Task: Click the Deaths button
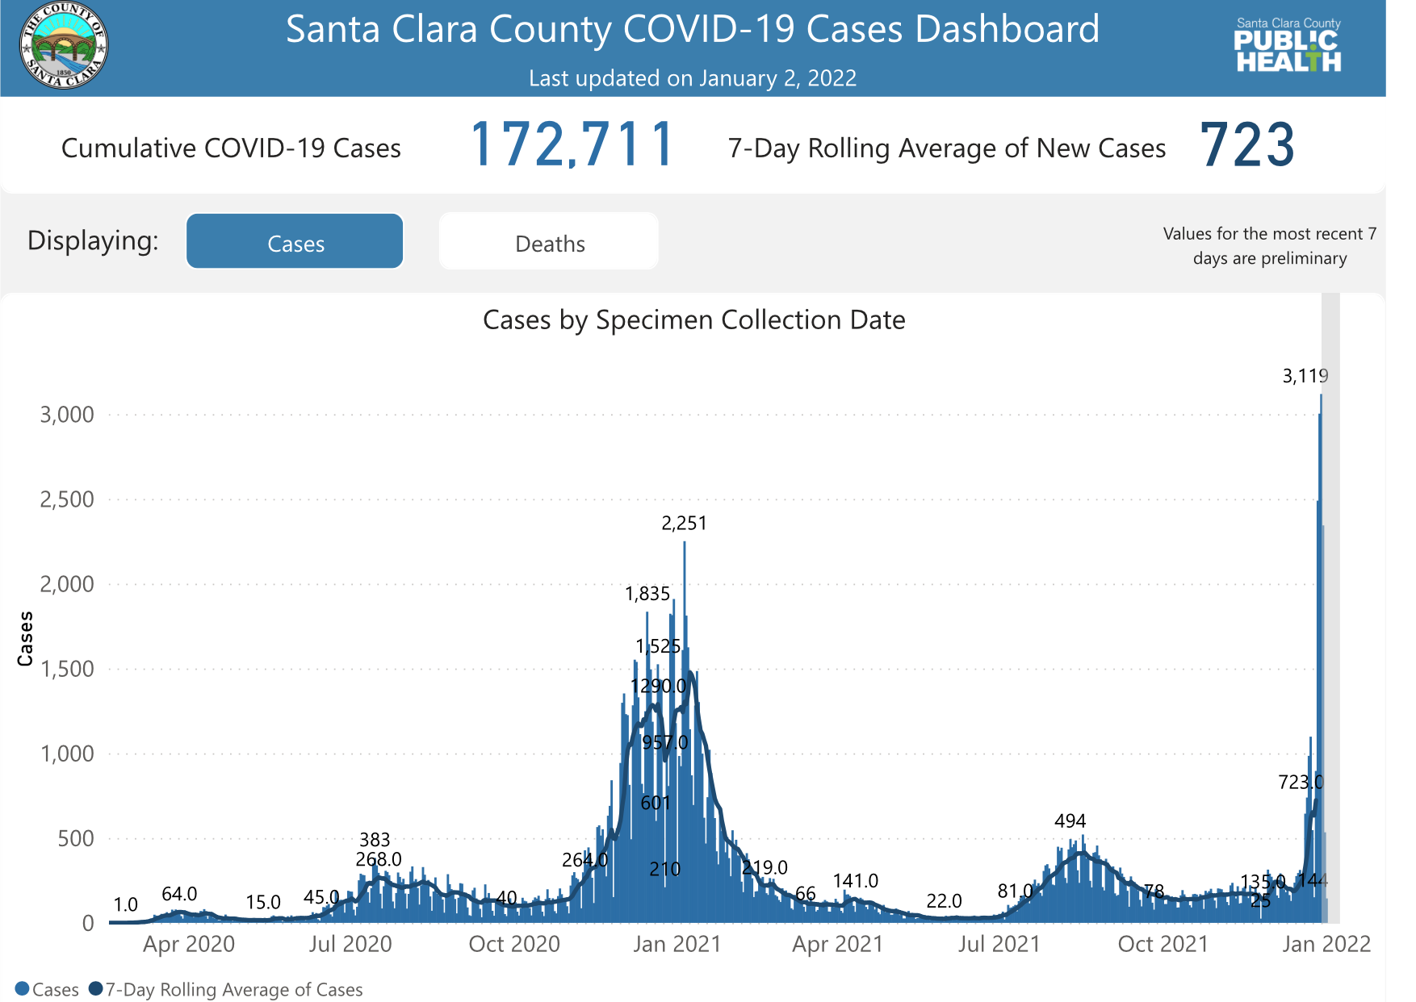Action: click(549, 243)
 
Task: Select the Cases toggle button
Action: click(295, 243)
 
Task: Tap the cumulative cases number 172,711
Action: click(572, 146)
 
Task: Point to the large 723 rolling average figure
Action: click(1247, 146)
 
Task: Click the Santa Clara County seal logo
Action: click(64, 45)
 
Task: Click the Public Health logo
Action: click(1288, 47)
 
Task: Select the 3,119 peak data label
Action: click(1305, 376)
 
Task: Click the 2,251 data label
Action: click(684, 524)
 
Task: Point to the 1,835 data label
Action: click(647, 595)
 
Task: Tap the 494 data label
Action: click(1070, 821)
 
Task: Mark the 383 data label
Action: click(375, 840)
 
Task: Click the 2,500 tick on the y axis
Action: click(67, 499)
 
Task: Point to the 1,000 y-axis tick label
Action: click(67, 754)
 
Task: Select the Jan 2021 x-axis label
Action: click(677, 944)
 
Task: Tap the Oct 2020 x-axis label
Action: click(514, 944)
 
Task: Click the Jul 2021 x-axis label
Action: click(999, 944)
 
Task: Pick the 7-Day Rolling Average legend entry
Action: click(233, 990)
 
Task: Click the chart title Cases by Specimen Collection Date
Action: click(693, 320)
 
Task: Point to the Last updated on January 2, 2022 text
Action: click(693, 78)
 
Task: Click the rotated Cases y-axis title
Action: click(26, 638)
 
